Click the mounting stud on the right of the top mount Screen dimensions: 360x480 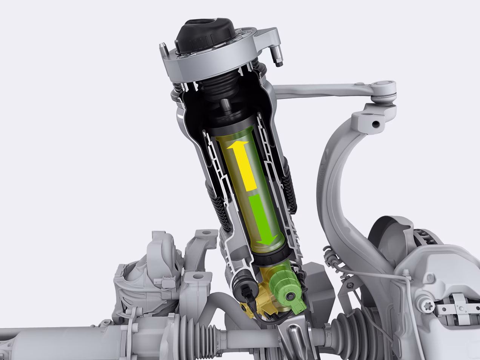pyautogui.click(x=277, y=58)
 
